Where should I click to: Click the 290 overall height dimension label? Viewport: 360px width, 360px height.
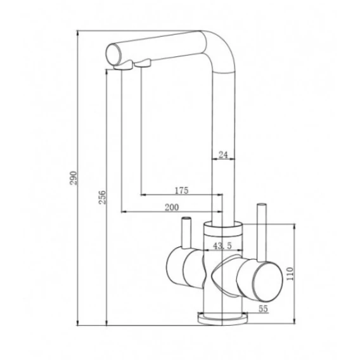tap(74, 178)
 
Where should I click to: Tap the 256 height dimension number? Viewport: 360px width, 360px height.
tap(102, 197)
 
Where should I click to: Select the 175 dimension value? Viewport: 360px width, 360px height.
tap(181, 190)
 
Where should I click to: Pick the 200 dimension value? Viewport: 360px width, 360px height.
tap(172, 207)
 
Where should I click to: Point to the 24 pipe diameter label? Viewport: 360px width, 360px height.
tap(223, 155)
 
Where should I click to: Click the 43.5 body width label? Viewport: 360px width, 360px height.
tap(222, 246)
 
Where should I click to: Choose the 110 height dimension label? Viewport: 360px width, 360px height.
tap(290, 274)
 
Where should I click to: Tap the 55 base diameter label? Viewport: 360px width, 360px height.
tap(263, 309)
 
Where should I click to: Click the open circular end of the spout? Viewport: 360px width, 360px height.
tap(113, 55)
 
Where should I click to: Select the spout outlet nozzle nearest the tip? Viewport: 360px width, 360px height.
tap(123, 65)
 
